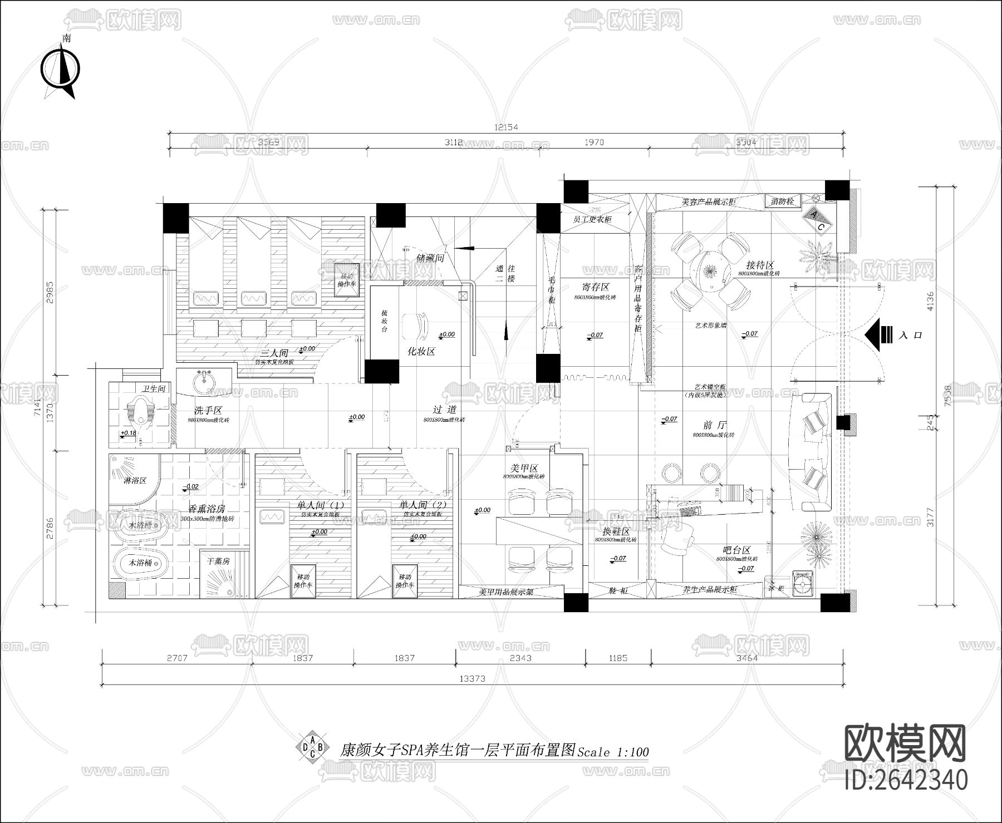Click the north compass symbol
click(x=60, y=70)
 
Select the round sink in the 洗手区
click(x=205, y=382)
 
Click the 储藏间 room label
click(x=429, y=258)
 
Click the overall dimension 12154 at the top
click(x=505, y=127)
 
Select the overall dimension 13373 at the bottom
click(x=472, y=678)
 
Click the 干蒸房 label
click(x=218, y=561)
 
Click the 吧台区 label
click(x=737, y=550)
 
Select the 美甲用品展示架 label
click(x=505, y=592)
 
